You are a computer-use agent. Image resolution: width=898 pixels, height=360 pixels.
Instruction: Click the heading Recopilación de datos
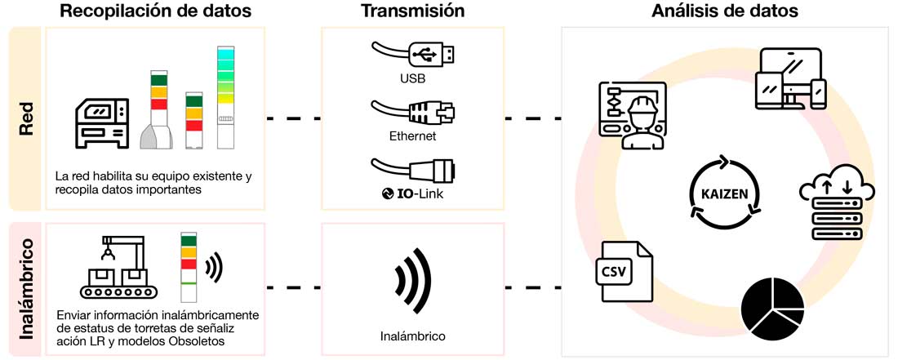click(157, 11)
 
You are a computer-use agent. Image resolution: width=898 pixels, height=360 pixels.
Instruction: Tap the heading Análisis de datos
click(725, 11)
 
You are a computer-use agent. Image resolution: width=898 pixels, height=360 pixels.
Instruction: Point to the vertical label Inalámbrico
click(24, 290)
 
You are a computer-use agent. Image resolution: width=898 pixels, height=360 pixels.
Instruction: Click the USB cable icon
click(412, 54)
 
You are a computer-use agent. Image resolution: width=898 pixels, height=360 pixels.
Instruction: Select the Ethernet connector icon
click(412, 111)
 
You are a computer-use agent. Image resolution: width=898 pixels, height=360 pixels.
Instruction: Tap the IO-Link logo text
click(412, 193)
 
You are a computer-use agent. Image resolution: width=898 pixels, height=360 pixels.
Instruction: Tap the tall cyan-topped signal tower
click(225, 98)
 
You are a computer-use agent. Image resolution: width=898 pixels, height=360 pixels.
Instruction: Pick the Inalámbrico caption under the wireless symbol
click(412, 336)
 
